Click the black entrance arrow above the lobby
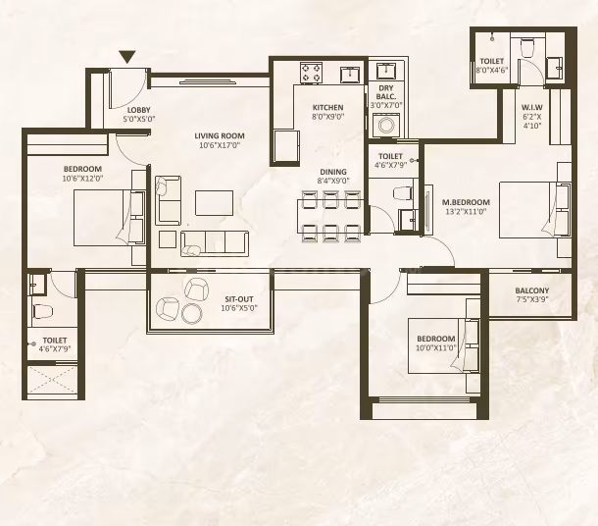coord(127,57)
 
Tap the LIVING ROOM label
coord(220,135)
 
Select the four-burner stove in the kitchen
coord(311,73)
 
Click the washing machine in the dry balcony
coord(386,126)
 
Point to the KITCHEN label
coord(328,107)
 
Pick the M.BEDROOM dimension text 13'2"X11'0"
coord(466,211)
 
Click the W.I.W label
coord(532,107)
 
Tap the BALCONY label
coord(532,290)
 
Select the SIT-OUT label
coord(239,299)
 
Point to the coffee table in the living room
coord(215,203)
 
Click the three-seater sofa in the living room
coord(215,243)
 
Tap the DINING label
coord(333,172)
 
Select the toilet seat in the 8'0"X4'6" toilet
coord(527,47)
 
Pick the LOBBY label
coord(139,110)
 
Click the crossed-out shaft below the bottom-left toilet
coord(53,380)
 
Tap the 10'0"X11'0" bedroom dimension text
coord(436,347)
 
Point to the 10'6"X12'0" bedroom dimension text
coord(82,178)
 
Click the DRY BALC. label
coord(386,92)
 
